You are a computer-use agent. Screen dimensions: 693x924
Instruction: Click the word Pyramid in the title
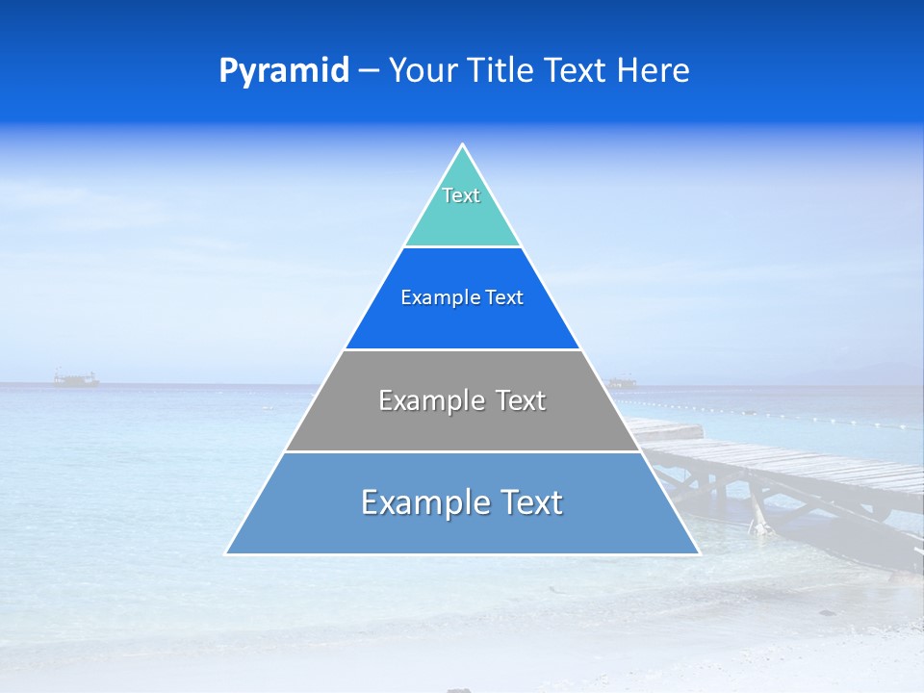pyautogui.click(x=284, y=71)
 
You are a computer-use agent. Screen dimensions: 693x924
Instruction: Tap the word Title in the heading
pyautogui.click(x=502, y=70)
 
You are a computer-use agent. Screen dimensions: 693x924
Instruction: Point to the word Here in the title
pyautogui.click(x=654, y=70)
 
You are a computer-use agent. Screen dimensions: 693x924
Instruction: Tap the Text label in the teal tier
pyautogui.click(x=461, y=195)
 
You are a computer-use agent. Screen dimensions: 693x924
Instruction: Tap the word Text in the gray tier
pyautogui.click(x=523, y=400)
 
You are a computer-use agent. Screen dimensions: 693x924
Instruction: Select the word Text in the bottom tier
pyautogui.click(x=532, y=502)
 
